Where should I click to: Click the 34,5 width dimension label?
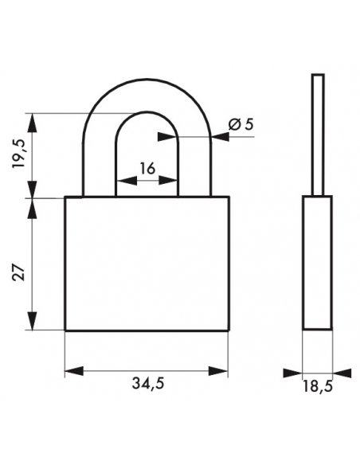pyautogui.click(x=147, y=384)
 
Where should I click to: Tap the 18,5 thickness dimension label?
pyautogui.click(x=318, y=386)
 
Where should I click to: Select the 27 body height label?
pyautogui.click(x=19, y=272)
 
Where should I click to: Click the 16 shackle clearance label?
pyautogui.click(x=147, y=169)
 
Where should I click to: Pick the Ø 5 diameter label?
pyautogui.click(x=241, y=125)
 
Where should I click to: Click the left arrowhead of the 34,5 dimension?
pyautogui.click(x=74, y=371)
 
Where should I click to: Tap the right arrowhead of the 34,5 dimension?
pyautogui.click(x=218, y=371)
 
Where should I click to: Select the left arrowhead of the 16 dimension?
pyautogui.click(x=127, y=180)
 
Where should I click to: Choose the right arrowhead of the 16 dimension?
pyautogui.click(x=168, y=180)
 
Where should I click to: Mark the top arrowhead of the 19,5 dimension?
pyautogui.click(x=33, y=123)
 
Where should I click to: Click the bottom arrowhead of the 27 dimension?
pyautogui.click(x=33, y=321)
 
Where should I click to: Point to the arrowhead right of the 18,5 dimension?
pyautogui.click(x=342, y=373)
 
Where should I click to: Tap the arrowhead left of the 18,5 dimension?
pyautogui.click(x=292, y=373)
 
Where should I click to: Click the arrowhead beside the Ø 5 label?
pyautogui.click(x=221, y=136)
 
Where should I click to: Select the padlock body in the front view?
pyautogui.click(x=147, y=264)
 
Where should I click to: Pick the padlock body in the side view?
pyautogui.click(x=318, y=263)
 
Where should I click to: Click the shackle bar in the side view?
pyautogui.click(x=318, y=135)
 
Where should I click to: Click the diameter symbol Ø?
pyautogui.click(x=234, y=125)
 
